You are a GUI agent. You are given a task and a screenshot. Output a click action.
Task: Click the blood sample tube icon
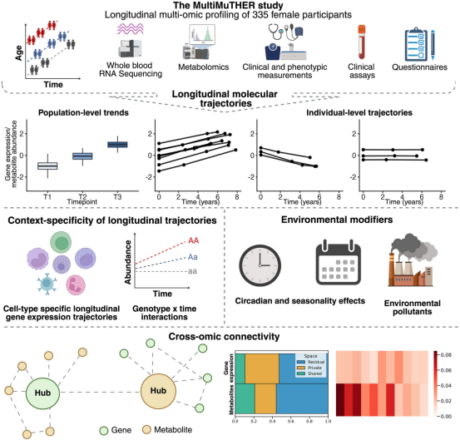point(362,42)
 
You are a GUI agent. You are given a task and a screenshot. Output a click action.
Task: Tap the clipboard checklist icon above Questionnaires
point(416,45)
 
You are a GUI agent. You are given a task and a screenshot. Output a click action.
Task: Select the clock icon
point(260,265)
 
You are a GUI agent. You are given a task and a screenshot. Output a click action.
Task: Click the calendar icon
point(339,262)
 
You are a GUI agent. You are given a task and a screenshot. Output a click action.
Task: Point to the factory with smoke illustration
point(413,260)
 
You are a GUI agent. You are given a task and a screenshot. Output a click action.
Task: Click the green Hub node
point(42,393)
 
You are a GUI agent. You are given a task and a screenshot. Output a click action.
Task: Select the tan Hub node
point(158,391)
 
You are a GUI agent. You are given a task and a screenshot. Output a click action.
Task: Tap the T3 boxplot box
point(117,145)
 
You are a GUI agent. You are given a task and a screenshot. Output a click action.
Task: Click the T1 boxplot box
point(47,166)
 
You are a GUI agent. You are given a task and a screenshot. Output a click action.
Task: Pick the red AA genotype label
point(193,241)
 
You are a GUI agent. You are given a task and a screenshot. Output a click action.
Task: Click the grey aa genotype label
point(192,271)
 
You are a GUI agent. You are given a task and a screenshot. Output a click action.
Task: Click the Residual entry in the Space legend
point(310,362)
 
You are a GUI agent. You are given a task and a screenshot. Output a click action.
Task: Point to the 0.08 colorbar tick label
point(446,355)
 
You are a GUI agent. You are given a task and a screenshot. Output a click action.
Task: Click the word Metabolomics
point(203,67)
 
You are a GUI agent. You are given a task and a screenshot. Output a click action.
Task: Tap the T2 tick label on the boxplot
point(82,196)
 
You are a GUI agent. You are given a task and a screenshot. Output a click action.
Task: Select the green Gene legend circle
point(104,430)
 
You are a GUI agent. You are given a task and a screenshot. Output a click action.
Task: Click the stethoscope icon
point(277,32)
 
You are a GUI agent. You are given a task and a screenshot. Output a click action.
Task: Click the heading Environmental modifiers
point(337,220)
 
